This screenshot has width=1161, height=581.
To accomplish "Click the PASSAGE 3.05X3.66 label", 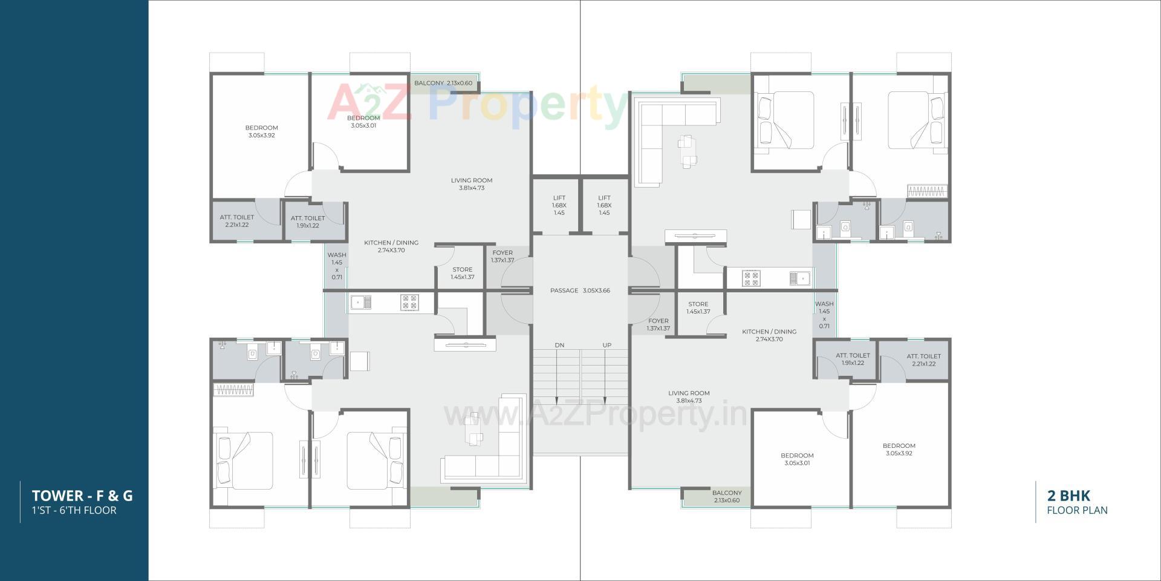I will pyautogui.click(x=580, y=290).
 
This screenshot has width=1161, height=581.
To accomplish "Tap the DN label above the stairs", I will pyautogui.click(x=559, y=345).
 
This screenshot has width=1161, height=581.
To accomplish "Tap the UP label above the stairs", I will pyautogui.click(x=607, y=345).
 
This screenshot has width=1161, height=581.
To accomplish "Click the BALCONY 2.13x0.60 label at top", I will pyautogui.click(x=443, y=83).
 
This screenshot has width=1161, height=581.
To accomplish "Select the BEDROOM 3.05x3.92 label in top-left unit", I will pyautogui.click(x=261, y=131).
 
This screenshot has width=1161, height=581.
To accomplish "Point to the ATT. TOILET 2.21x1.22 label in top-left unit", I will pyautogui.click(x=236, y=221).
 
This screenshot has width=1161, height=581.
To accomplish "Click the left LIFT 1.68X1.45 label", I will pyautogui.click(x=559, y=205).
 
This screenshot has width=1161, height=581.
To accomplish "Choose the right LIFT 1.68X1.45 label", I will pyautogui.click(x=604, y=205).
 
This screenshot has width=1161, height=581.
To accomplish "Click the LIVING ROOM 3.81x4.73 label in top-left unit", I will pyautogui.click(x=472, y=184).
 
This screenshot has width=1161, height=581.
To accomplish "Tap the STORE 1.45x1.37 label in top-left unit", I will pyautogui.click(x=462, y=273).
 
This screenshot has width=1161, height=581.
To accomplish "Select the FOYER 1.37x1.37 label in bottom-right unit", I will pyautogui.click(x=658, y=324).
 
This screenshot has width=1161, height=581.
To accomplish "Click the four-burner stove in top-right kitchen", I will pyautogui.click(x=752, y=278).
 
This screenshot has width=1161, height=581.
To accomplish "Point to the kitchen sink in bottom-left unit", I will pyautogui.click(x=361, y=301).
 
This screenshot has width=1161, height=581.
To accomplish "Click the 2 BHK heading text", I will pyautogui.click(x=1068, y=496).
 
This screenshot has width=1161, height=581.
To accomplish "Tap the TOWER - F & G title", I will pyautogui.click(x=82, y=496).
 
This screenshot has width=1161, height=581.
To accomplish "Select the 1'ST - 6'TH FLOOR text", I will pyautogui.click(x=74, y=510).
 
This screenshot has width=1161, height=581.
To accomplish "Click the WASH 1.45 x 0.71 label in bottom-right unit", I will pyautogui.click(x=824, y=315).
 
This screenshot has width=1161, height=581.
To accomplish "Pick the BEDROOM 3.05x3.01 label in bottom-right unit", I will pyautogui.click(x=796, y=459).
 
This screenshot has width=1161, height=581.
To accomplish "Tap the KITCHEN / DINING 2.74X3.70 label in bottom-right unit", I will pyautogui.click(x=769, y=335).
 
